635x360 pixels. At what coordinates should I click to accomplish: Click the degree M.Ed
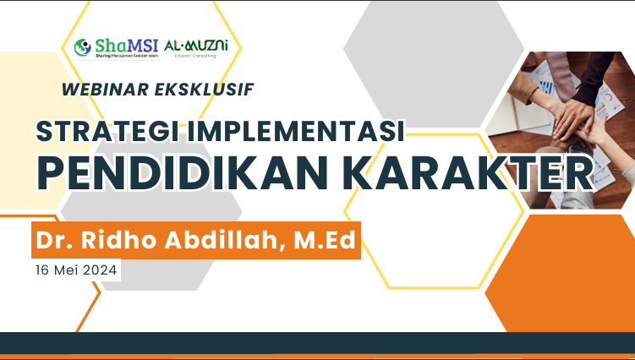pos(322,241)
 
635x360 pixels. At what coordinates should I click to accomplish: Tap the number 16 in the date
pos(43,270)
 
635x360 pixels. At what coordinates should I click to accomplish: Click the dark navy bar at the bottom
pos(317,342)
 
